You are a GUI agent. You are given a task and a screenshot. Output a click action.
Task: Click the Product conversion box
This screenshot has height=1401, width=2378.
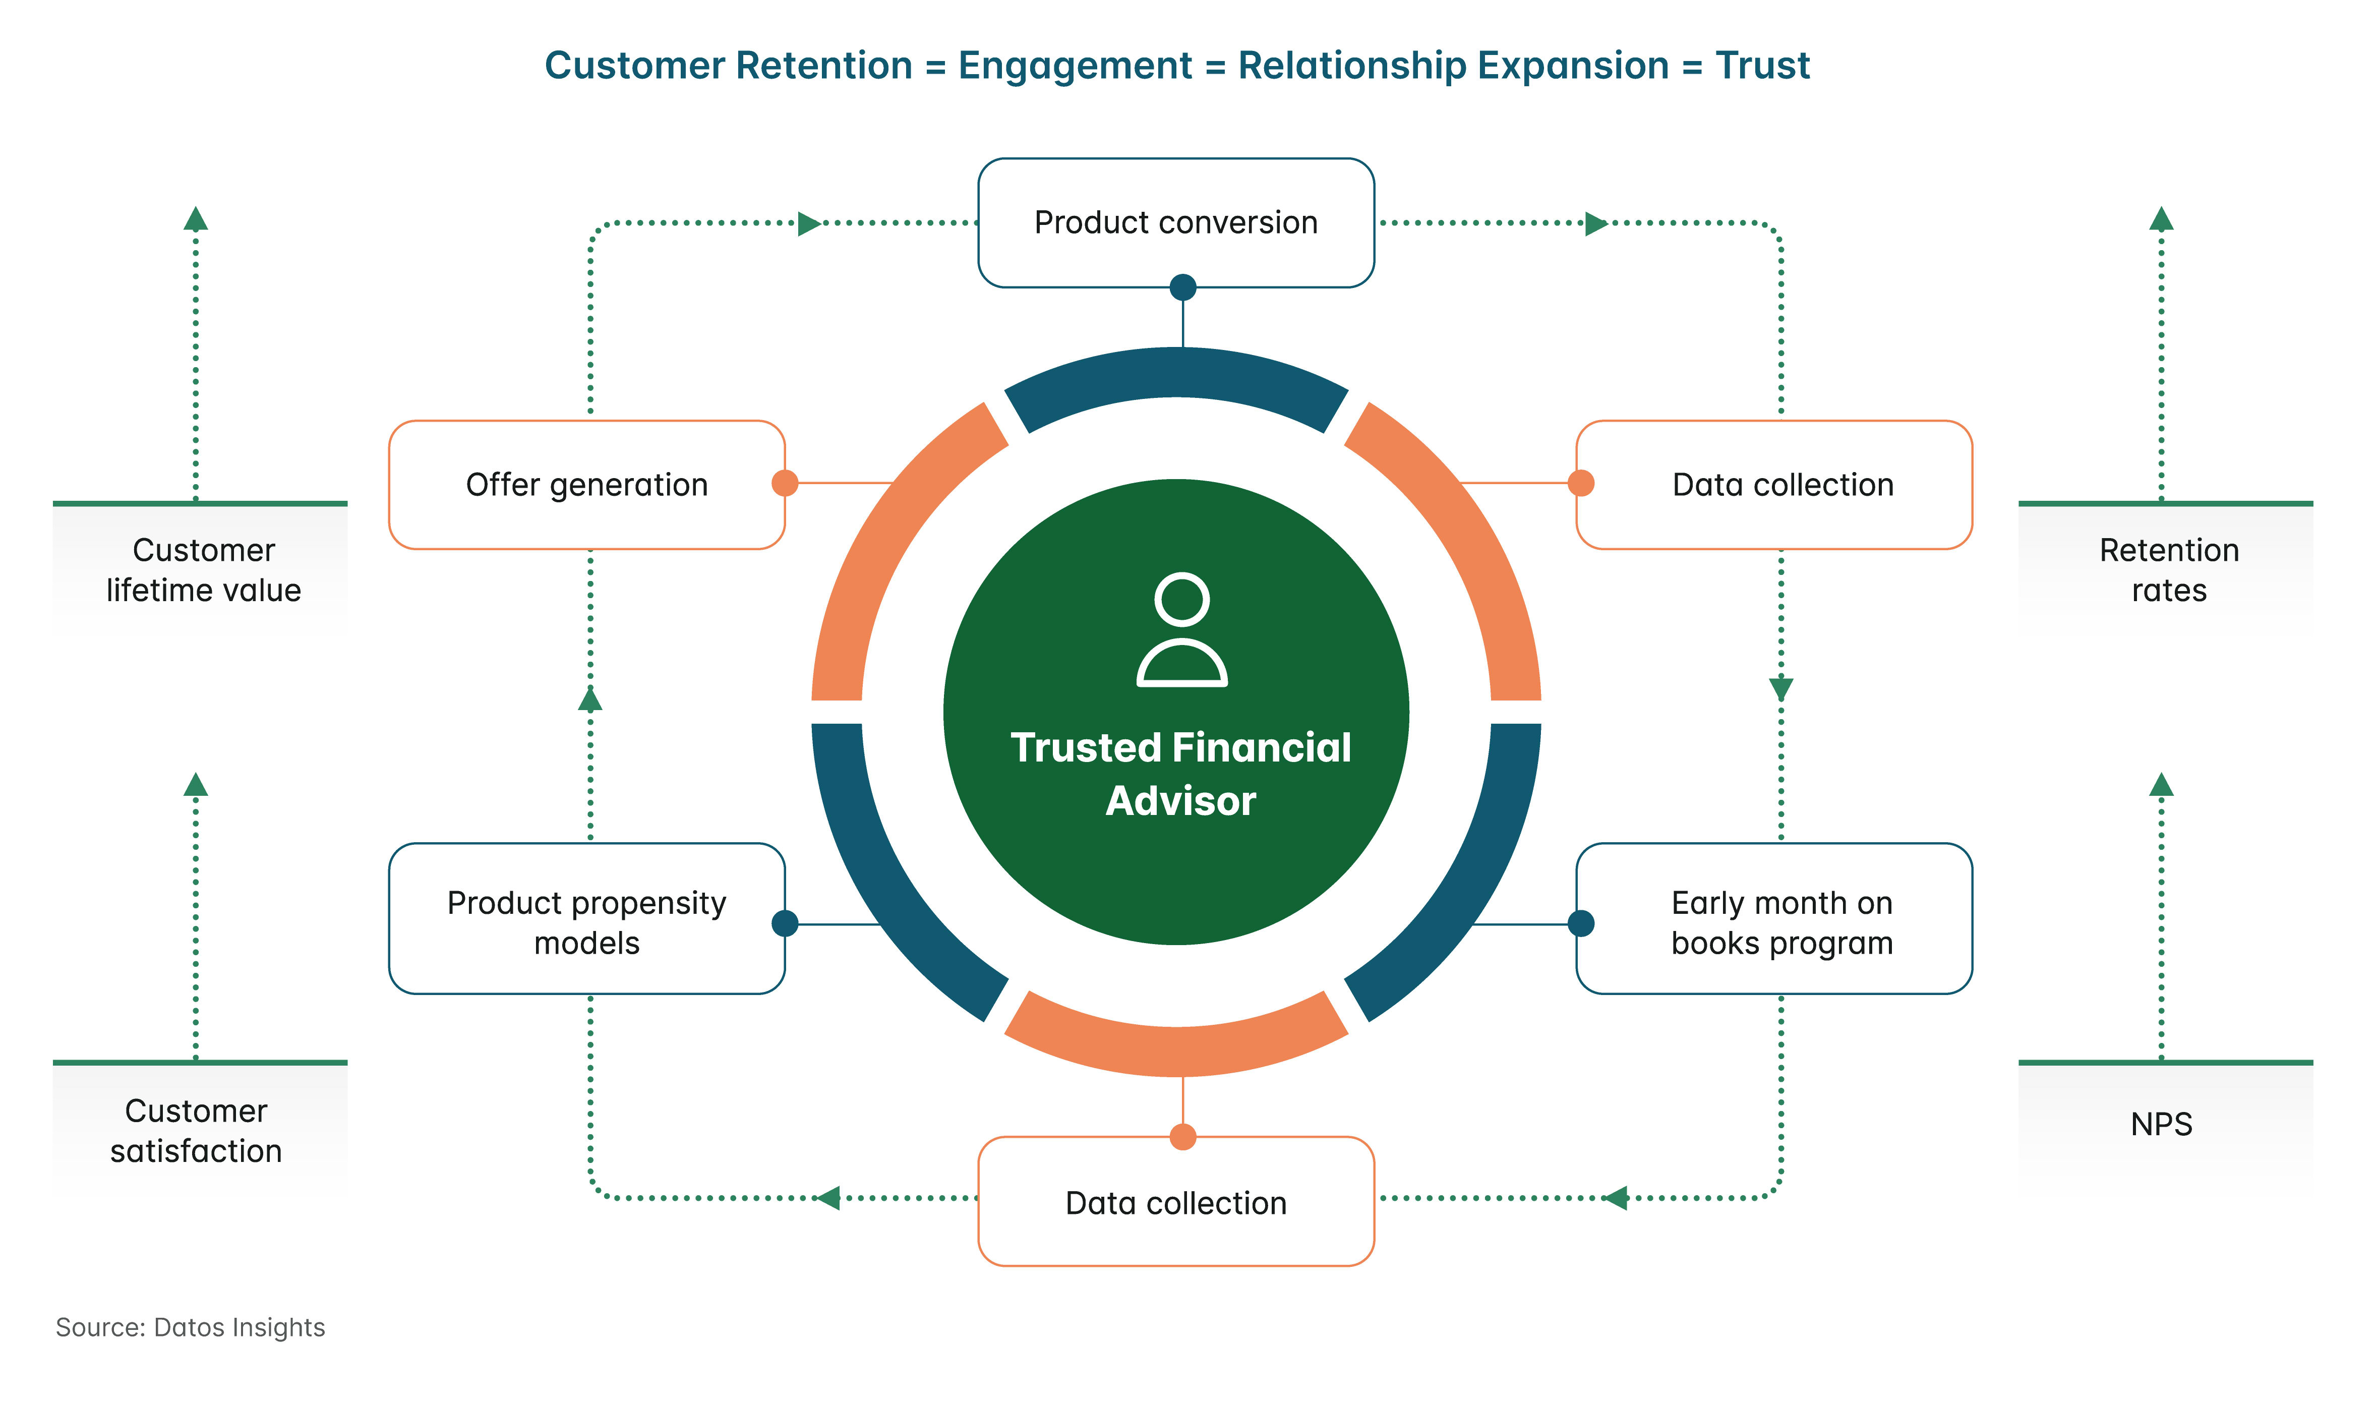1176,223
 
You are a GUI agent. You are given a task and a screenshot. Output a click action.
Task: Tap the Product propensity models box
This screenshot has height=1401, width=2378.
587,922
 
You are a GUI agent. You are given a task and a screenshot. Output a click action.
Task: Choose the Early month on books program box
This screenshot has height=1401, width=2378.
1781,922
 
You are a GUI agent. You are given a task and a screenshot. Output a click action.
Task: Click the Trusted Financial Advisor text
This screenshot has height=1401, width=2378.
1180,773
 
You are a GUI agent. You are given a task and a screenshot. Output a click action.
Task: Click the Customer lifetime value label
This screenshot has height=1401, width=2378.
203,570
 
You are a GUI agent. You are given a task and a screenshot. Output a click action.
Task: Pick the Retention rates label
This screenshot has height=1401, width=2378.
2169,570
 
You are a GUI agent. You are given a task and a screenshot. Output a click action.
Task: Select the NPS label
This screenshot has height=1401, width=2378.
2161,1125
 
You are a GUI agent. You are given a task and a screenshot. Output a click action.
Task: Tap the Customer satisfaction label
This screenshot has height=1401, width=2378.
196,1131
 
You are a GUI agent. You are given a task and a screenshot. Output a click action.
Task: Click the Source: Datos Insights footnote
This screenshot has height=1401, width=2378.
191,1327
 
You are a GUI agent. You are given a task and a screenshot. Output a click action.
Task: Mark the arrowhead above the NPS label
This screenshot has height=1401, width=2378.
2161,785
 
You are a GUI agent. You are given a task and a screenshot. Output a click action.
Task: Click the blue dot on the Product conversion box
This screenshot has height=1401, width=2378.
1182,287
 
